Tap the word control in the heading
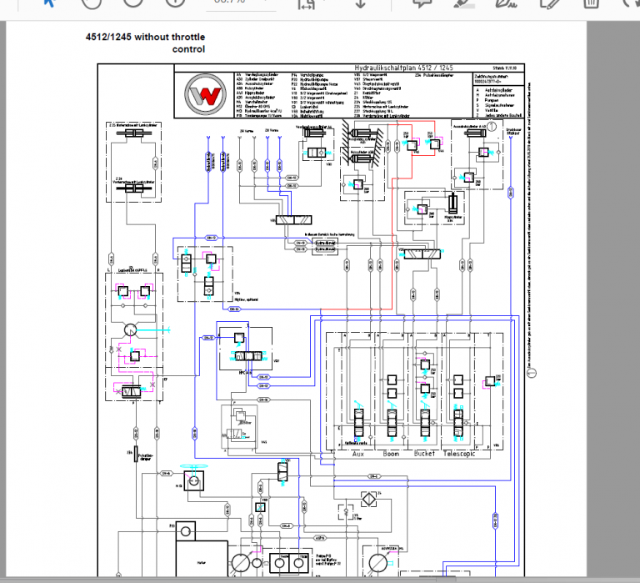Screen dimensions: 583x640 188,49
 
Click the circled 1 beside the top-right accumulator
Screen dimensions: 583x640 492,125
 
